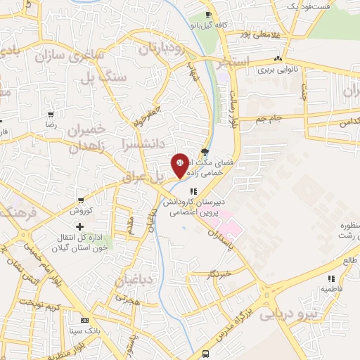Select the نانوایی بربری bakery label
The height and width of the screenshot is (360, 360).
(x=254, y=70)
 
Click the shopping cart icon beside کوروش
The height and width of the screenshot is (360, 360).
(x=83, y=200)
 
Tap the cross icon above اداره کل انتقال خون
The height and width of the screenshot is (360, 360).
(x=79, y=226)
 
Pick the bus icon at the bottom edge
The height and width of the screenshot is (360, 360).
(x=206, y=354)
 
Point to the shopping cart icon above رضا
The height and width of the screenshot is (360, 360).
(x=50, y=113)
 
